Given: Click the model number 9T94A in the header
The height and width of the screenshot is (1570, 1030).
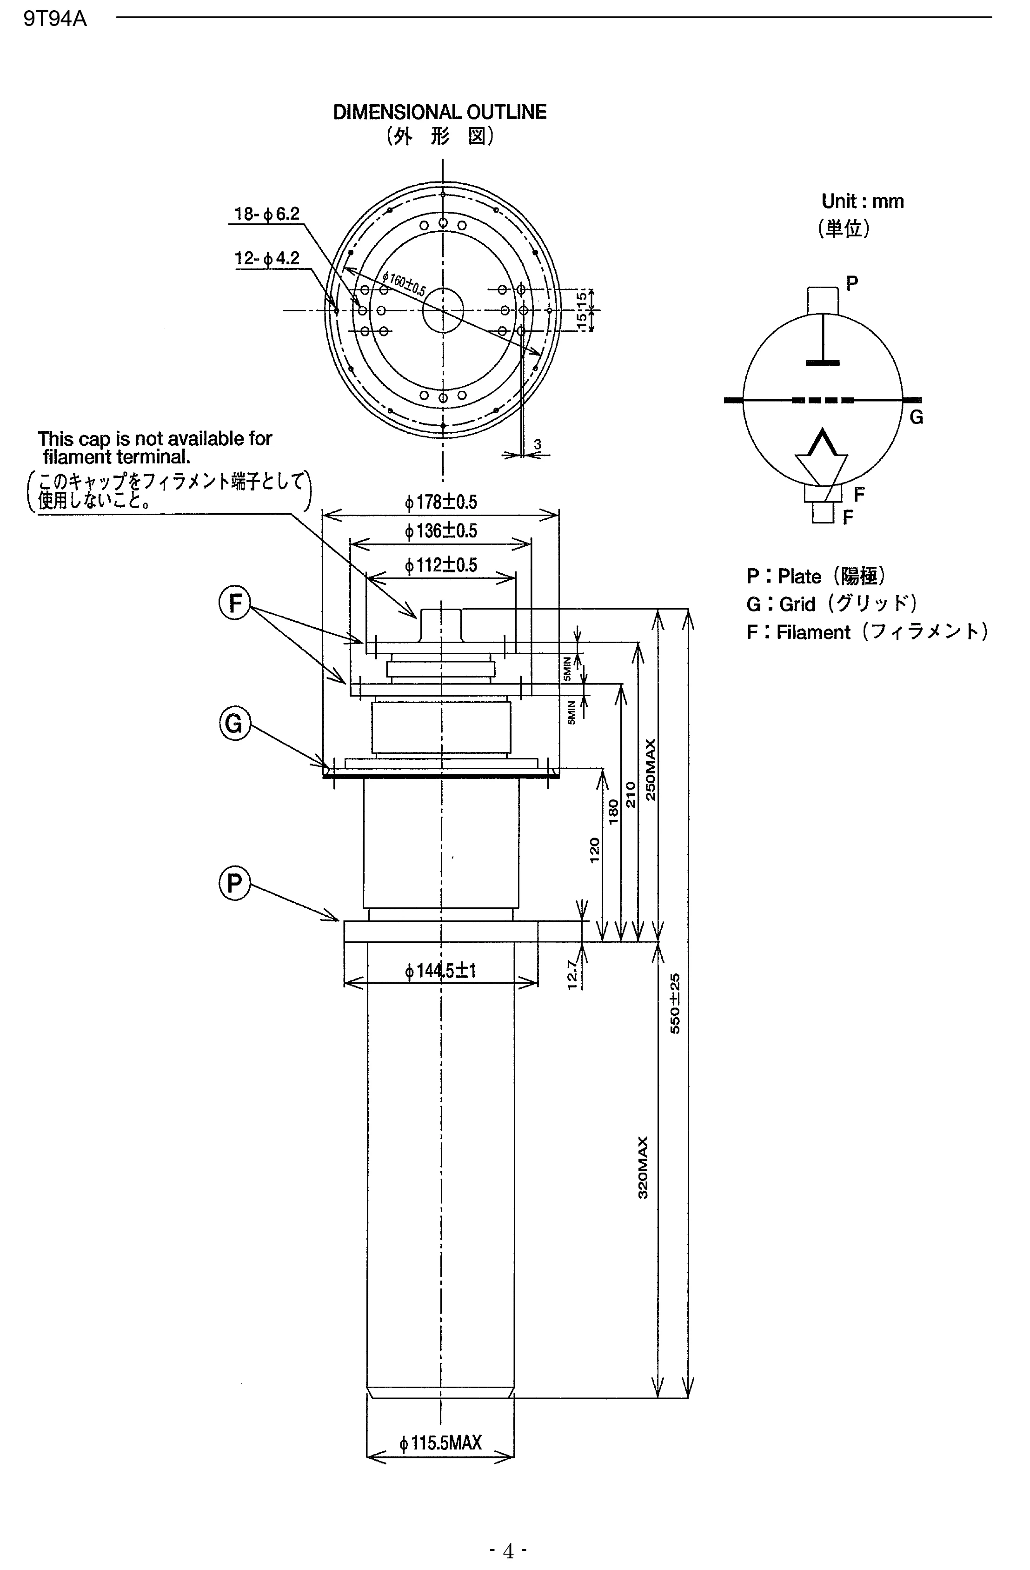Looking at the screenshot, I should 55,19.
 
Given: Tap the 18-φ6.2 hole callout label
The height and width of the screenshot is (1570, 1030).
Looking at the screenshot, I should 267,215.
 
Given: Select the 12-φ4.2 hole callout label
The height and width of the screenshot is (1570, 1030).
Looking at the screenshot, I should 267,259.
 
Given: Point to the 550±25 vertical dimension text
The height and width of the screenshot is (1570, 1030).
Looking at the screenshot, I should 675,1003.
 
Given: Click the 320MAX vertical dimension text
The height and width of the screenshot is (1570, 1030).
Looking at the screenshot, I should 643,1167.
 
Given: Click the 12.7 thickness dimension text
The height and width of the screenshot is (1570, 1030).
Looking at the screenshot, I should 572,974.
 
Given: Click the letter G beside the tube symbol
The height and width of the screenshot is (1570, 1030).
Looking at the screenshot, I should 916,417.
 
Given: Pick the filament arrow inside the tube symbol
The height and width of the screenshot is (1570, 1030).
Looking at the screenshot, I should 821,456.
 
